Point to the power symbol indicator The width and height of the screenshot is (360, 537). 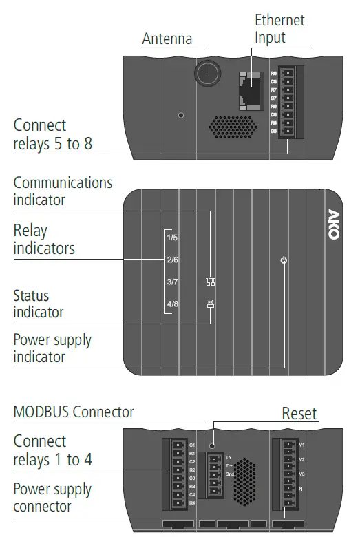pos(284,260)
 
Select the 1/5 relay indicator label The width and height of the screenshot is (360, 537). pos(173,238)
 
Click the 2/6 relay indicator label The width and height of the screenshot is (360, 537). pos(173,260)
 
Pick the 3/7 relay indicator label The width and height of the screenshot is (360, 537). pos(173,282)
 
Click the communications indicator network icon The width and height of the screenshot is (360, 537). pos(211,282)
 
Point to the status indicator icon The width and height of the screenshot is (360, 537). pos(211,303)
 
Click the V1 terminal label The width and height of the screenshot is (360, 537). pos(301,445)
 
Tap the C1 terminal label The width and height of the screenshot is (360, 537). pos(193,445)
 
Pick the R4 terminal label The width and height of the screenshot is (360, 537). pos(193,503)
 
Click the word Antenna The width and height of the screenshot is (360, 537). pos(167,39)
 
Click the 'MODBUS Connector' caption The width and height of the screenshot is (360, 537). pos(74,412)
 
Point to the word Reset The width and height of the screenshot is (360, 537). pos(299,413)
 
